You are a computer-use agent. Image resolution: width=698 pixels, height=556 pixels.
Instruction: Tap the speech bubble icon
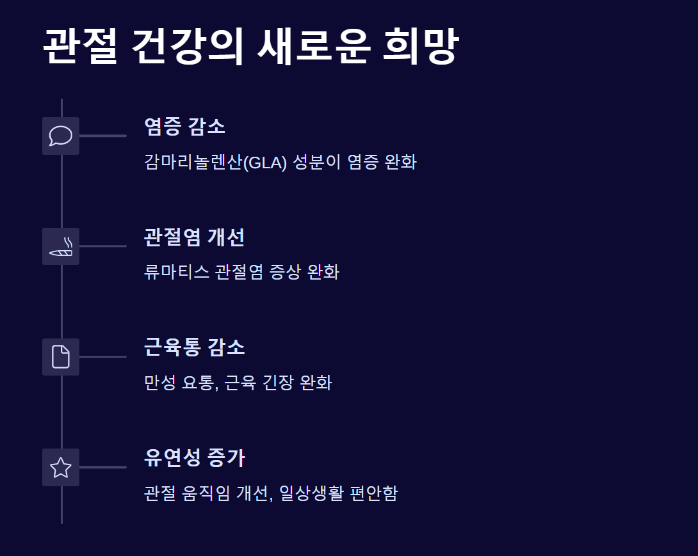[61, 136]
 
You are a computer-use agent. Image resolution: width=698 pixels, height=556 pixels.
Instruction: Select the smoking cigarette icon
[61, 246]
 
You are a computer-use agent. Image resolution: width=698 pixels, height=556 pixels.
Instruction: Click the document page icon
[61, 357]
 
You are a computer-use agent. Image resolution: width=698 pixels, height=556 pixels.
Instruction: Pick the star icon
[61, 468]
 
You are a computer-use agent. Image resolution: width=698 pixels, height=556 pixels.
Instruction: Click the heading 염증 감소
[184, 127]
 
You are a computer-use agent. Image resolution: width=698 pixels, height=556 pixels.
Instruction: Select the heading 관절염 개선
[194, 237]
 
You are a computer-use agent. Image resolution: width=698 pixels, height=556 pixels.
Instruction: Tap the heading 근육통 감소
[194, 348]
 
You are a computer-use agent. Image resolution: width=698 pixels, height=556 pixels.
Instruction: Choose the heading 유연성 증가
[194, 459]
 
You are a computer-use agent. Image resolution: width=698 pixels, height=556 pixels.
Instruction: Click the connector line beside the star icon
[102, 467]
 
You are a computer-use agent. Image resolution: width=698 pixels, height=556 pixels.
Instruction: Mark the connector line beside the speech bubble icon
[102, 136]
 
